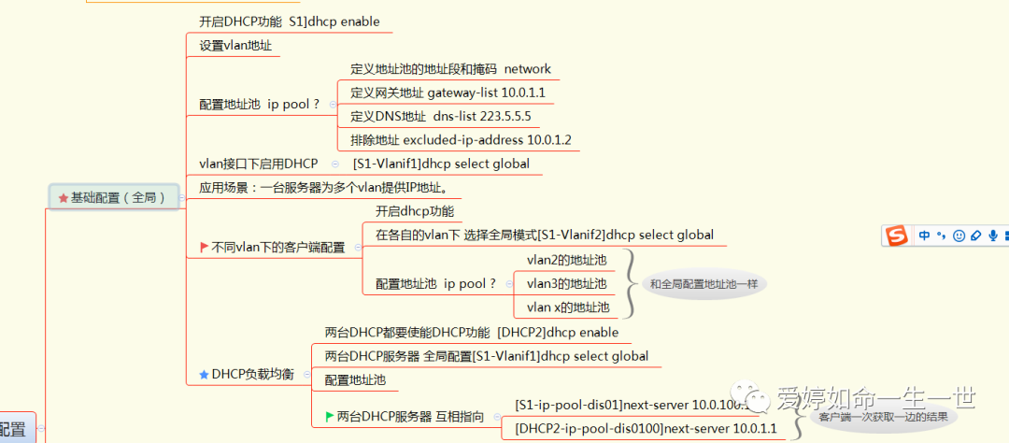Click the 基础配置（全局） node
pyautogui.click(x=118, y=197)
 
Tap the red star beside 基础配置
pyautogui.click(x=64, y=198)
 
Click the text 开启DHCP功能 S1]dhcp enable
pyautogui.click(x=289, y=21)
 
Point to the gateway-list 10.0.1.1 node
pyautogui.click(x=448, y=93)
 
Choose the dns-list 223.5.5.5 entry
pyautogui.click(x=440, y=117)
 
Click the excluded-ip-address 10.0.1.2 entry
pyautogui.click(x=461, y=140)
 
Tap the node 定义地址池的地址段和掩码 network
pyautogui.click(x=450, y=69)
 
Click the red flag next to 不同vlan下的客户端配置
pyautogui.click(x=204, y=248)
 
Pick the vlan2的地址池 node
pyautogui.click(x=566, y=260)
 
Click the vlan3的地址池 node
pyautogui.click(x=566, y=283)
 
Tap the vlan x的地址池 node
pyautogui.click(x=567, y=307)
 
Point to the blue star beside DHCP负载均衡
pyautogui.click(x=204, y=375)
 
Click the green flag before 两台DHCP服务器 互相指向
pyautogui.click(x=329, y=416)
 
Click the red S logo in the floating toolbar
pyautogui.click(x=897, y=236)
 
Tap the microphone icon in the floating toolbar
pyautogui.click(x=993, y=236)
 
